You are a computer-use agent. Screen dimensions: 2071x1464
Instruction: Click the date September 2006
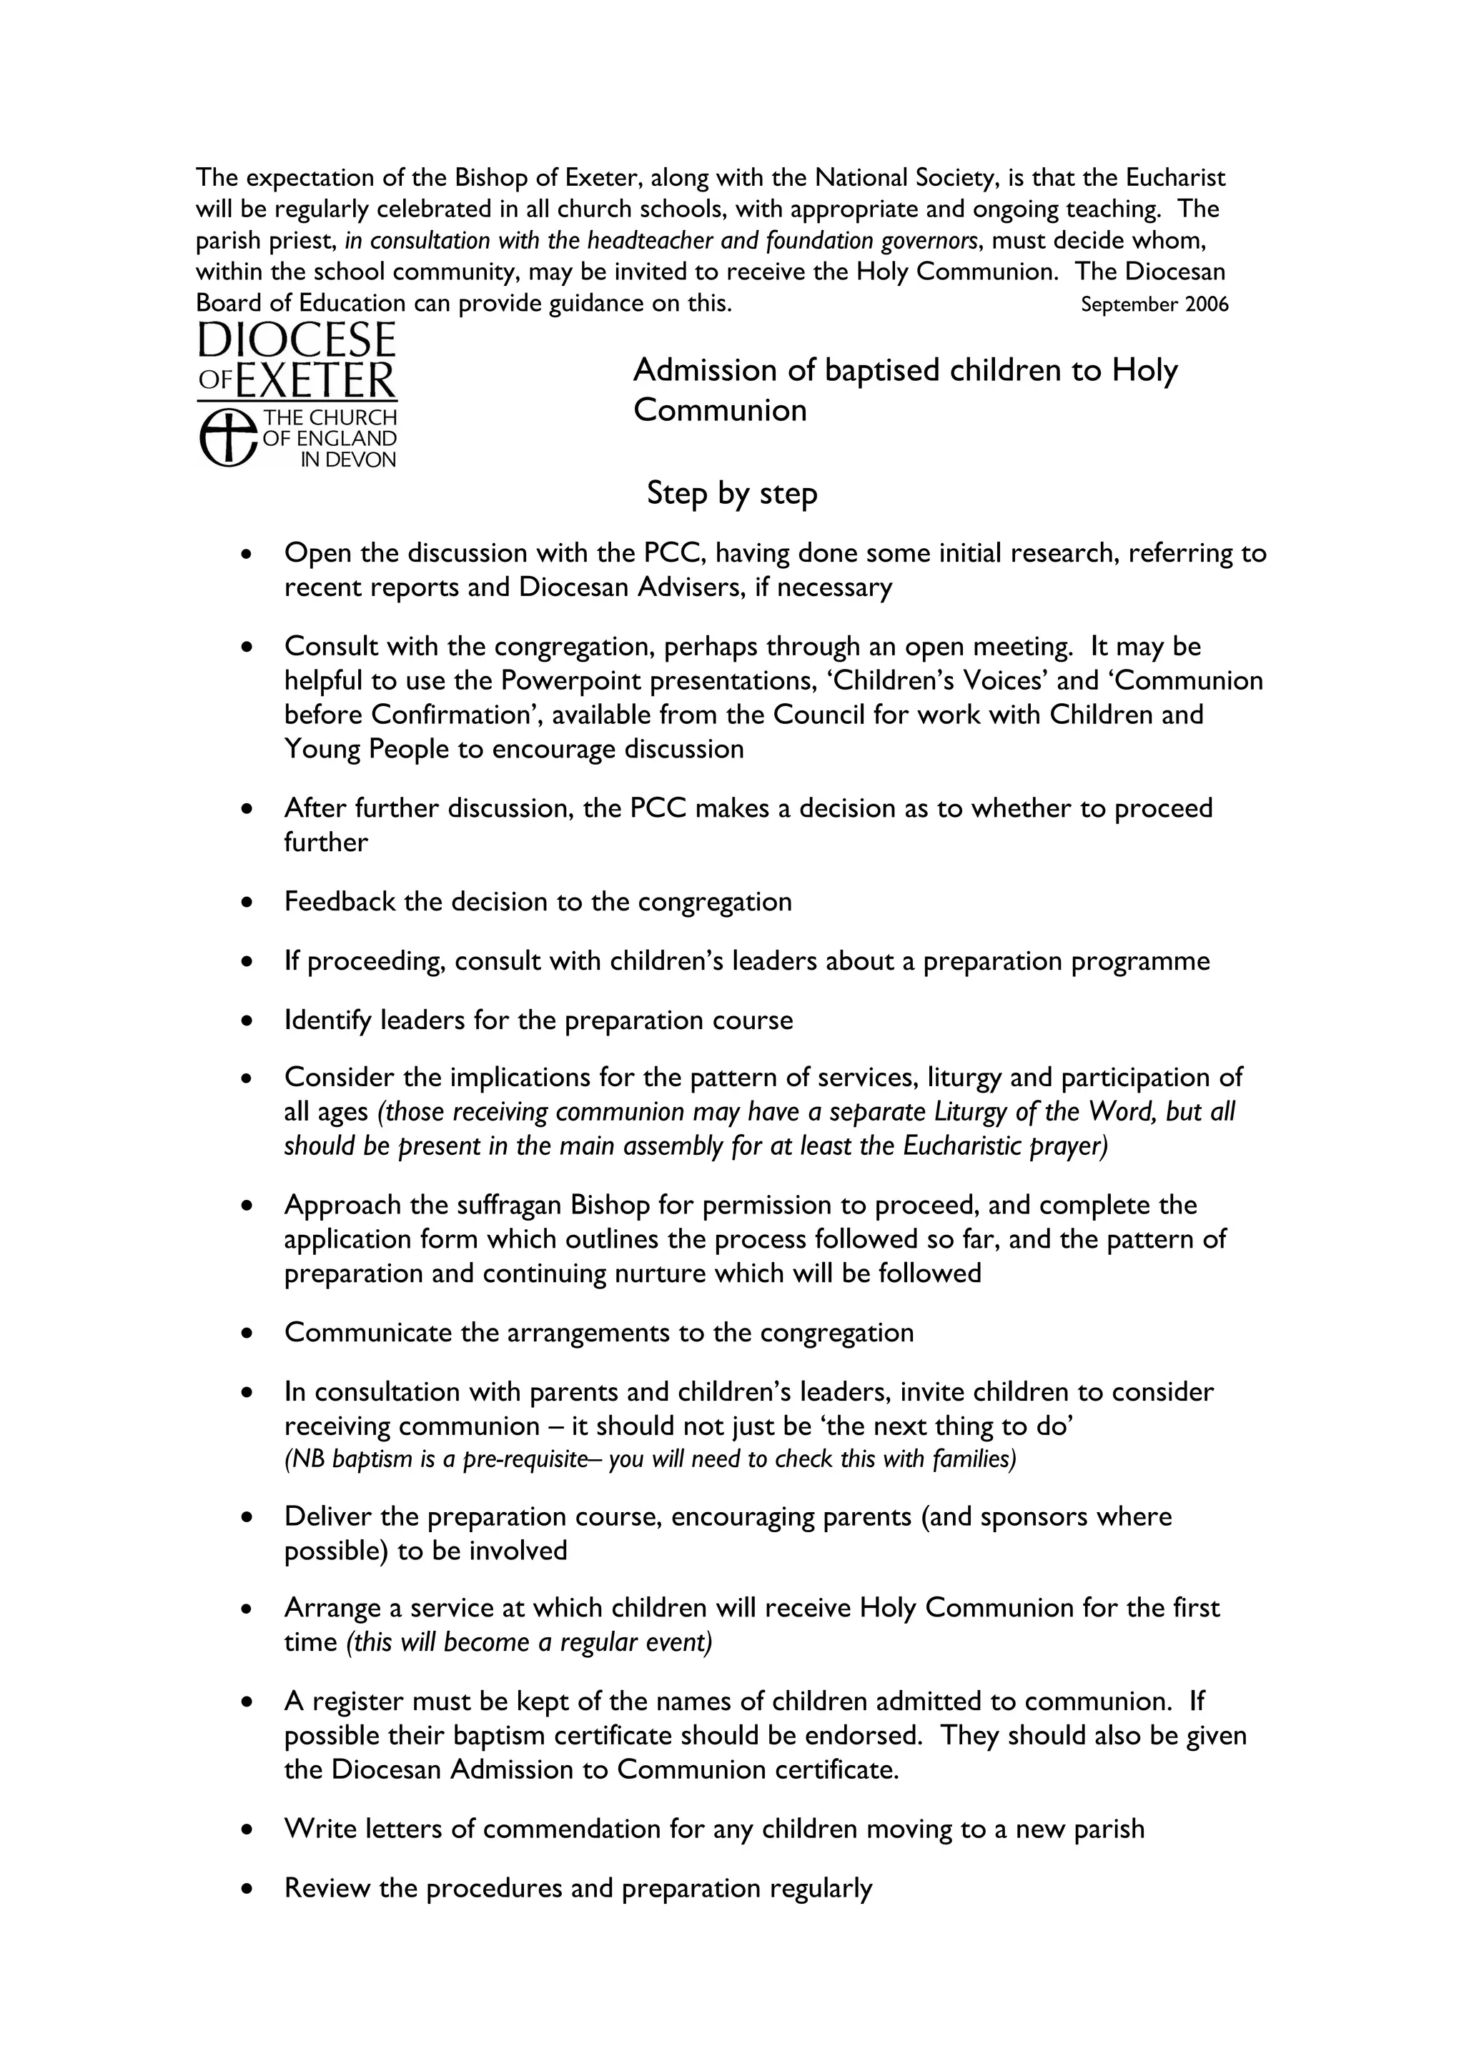click(x=1154, y=305)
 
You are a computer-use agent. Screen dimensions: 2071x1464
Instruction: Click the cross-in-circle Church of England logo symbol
click(x=227, y=437)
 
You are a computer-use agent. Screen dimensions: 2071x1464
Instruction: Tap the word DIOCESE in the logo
click(x=297, y=341)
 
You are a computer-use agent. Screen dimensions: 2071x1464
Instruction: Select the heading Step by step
click(x=731, y=495)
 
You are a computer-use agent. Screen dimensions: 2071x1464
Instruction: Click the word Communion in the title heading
click(x=720, y=410)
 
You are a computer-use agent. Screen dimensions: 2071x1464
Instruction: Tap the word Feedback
click(x=340, y=902)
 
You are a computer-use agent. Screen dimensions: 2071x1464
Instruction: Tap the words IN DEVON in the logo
click(x=348, y=460)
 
